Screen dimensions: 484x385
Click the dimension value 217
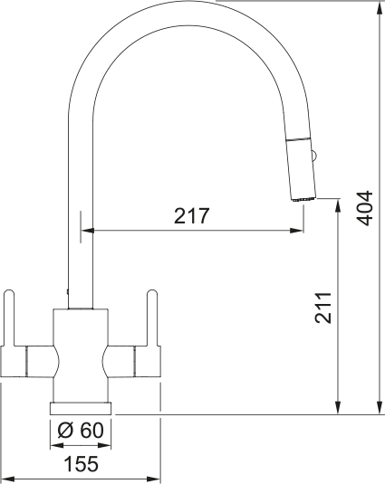pyautogui.click(x=192, y=216)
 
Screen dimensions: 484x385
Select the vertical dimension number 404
pyautogui.click(x=364, y=209)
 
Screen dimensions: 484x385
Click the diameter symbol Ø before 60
pyautogui.click(x=65, y=431)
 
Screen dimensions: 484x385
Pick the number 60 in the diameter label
pyautogui.click(x=91, y=431)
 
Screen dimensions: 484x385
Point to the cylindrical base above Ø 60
pyautogui.click(x=81, y=405)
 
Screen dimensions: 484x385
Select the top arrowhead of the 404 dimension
pyautogui.click(x=377, y=7)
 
